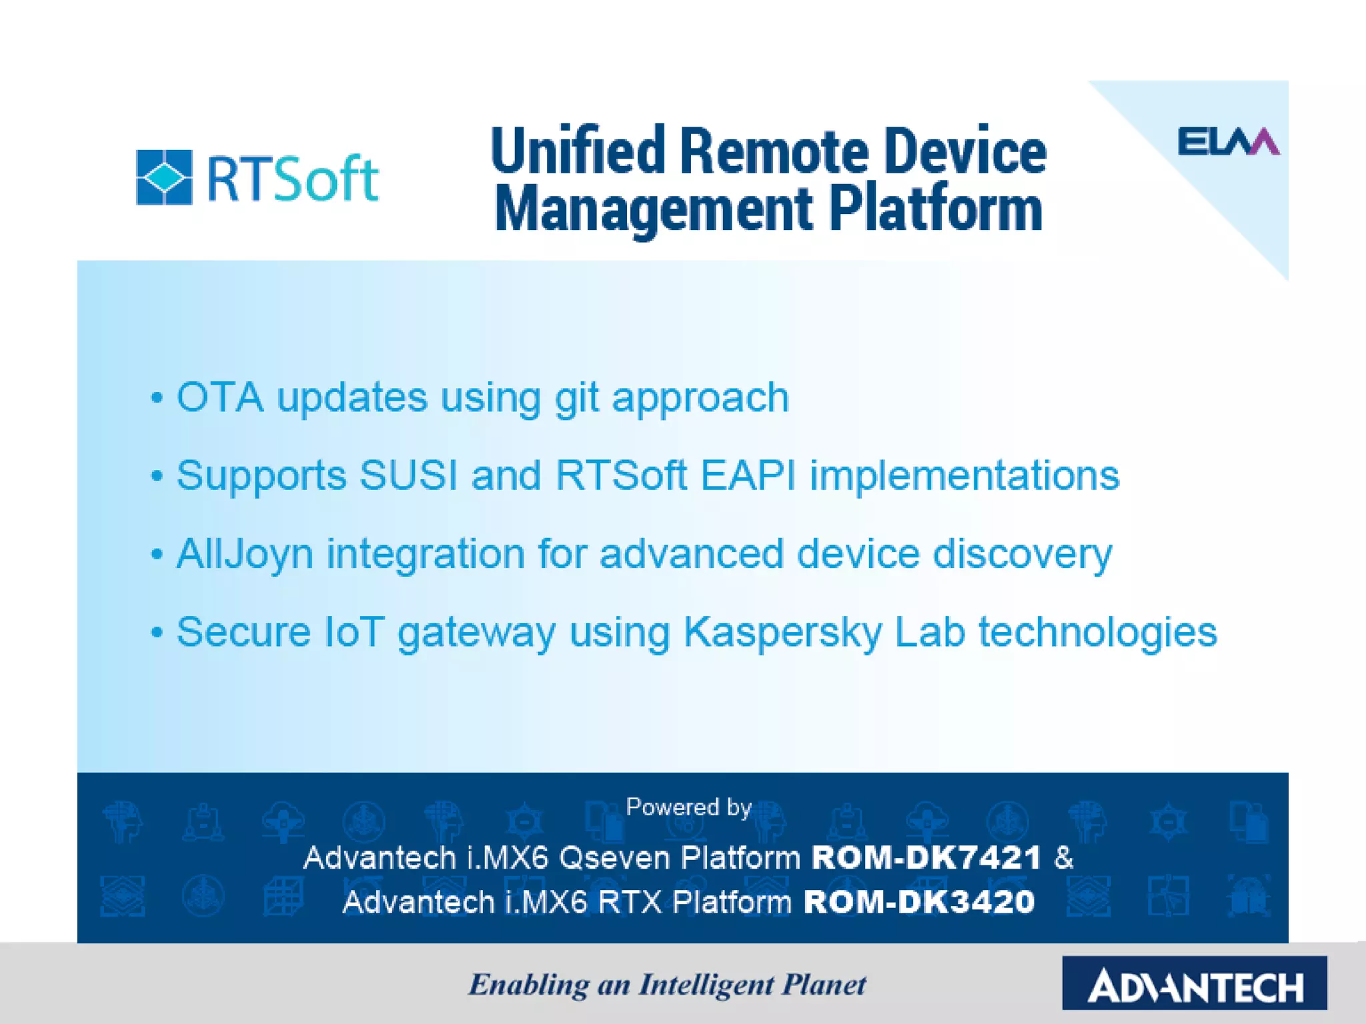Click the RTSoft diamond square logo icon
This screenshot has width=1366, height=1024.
tap(164, 177)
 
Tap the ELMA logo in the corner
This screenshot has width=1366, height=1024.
tap(1228, 141)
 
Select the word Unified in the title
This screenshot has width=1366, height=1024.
tap(577, 151)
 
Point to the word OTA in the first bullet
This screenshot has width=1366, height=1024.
tap(219, 398)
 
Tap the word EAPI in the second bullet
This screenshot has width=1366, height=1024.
tap(748, 476)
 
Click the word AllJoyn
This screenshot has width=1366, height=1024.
tap(244, 555)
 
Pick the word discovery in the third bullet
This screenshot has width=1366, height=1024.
tap(1022, 553)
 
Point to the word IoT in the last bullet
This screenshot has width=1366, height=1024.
tap(354, 631)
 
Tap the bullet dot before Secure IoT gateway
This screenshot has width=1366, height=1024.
tap(157, 632)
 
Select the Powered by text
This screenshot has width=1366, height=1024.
tap(688, 807)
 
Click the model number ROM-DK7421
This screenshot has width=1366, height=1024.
tap(926, 857)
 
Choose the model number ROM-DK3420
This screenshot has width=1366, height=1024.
tap(918, 902)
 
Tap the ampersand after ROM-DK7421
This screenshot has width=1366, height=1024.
tap(1064, 857)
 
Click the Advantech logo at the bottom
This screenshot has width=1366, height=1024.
tap(1194, 983)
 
